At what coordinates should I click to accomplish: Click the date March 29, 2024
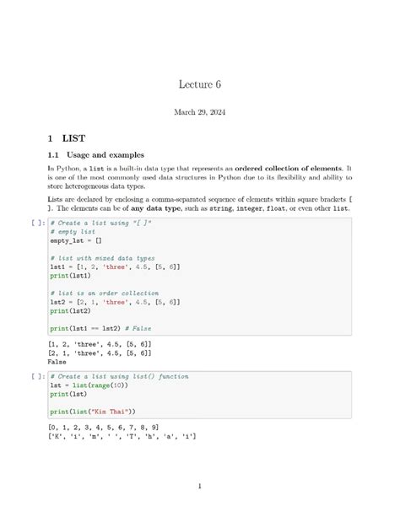click(x=200, y=111)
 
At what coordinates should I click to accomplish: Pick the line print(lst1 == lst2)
click(x=88, y=327)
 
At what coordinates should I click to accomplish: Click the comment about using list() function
click(x=119, y=376)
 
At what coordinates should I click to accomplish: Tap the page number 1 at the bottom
click(x=200, y=486)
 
